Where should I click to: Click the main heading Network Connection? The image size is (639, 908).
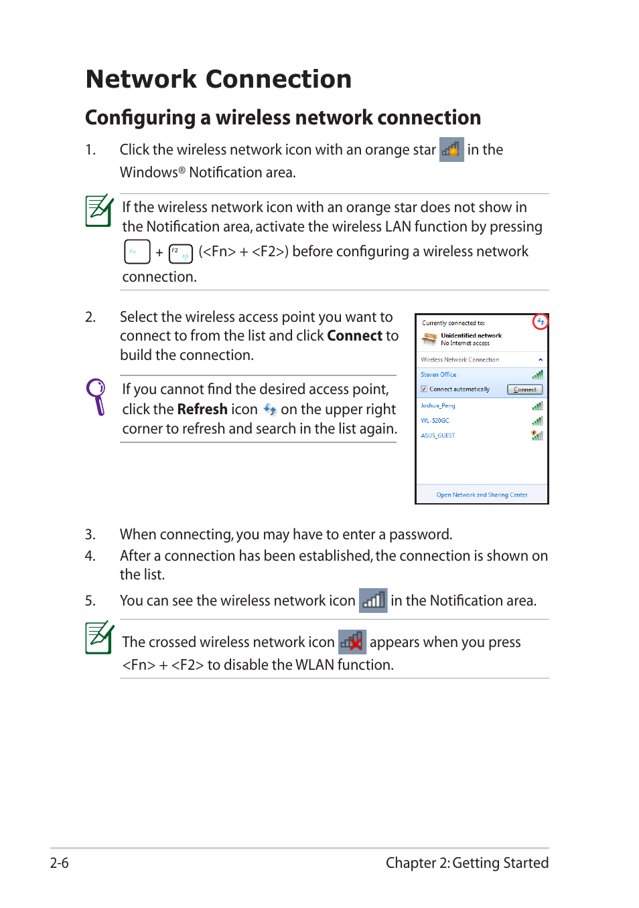tap(218, 79)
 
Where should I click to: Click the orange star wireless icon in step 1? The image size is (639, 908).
tap(451, 150)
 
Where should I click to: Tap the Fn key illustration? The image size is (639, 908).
tap(137, 252)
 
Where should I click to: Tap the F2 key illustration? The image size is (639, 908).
tap(180, 253)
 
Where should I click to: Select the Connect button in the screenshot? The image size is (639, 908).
tap(524, 389)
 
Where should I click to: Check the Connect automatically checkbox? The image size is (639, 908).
tap(424, 389)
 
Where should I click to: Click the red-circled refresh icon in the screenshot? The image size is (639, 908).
tap(540, 322)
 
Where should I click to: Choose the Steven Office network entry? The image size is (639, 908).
tap(439, 375)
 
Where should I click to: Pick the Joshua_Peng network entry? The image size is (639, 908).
tap(438, 405)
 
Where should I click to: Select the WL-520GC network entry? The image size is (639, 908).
tap(435, 421)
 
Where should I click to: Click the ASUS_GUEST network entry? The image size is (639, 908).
tap(438, 436)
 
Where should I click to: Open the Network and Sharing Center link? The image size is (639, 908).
tap(482, 495)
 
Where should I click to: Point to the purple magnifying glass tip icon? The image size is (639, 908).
tap(97, 396)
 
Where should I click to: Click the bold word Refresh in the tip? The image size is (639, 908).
tap(202, 410)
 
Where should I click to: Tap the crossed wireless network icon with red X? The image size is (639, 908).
tap(352, 642)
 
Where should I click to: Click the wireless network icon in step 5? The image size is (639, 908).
tap(373, 600)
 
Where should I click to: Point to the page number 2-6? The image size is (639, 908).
tap(60, 863)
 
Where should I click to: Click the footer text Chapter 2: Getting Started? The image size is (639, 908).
tap(467, 863)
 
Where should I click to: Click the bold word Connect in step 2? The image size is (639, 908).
tap(354, 336)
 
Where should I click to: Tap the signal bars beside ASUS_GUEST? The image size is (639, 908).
tap(537, 436)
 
